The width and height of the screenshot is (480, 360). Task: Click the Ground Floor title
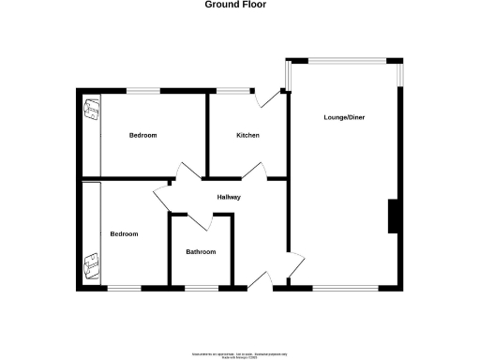235,5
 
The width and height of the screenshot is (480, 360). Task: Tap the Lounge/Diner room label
344,117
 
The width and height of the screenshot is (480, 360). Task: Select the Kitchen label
247,136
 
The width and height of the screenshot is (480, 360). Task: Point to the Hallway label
230,197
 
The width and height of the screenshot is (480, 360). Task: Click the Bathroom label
201,251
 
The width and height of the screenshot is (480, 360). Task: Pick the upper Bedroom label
142,136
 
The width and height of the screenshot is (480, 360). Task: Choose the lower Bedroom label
124,233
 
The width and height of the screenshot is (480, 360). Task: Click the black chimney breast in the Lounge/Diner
395,216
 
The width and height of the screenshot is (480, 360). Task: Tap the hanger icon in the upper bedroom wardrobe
92,109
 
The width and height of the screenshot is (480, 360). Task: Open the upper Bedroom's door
187,171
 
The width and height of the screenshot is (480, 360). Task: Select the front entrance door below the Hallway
262,278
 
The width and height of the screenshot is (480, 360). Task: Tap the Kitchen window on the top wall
235,90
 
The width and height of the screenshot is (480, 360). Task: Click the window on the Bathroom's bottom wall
202,286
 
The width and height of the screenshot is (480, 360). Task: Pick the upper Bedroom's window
142,90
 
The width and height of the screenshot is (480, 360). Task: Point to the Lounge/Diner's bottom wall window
345,286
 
